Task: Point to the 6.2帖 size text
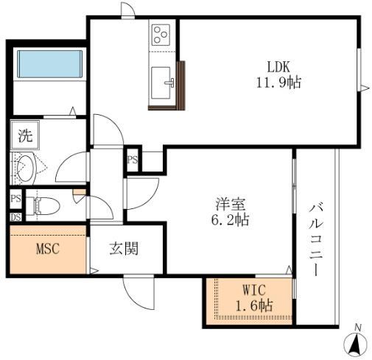point(227,219)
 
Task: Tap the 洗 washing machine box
point(25,136)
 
